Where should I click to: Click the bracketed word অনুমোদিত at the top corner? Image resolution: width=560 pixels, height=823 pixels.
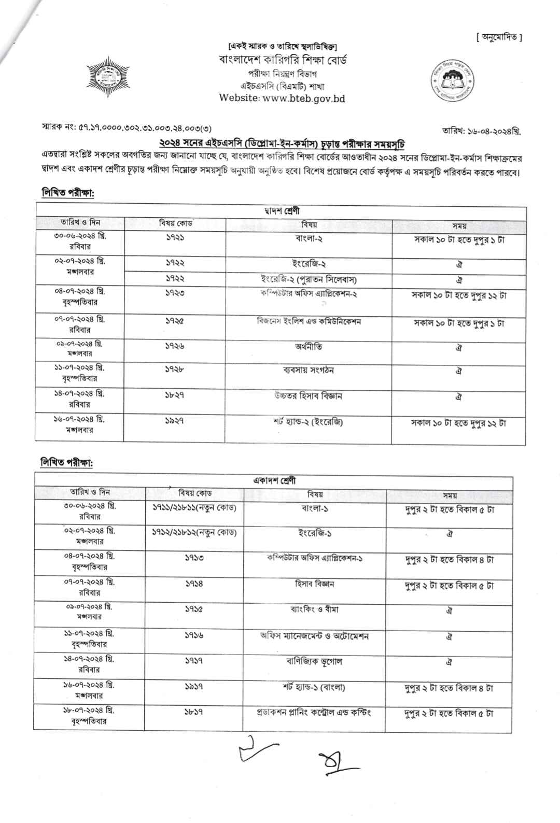499,37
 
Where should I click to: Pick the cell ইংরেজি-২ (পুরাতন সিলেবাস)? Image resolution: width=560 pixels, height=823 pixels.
309,280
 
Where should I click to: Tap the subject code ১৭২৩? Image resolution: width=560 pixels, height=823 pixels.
175,293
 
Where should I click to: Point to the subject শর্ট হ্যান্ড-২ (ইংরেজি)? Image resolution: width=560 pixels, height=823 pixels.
309,421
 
